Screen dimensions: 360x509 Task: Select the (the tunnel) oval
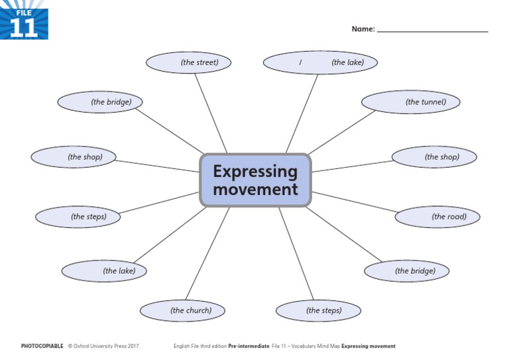pos(411,102)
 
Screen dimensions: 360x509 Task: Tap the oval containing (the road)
pos(437,217)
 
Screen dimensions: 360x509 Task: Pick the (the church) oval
pos(182,310)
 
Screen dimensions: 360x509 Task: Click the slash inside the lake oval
pos(300,63)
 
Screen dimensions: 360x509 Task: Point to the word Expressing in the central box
pos(255,172)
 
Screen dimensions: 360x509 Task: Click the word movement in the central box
pos(255,190)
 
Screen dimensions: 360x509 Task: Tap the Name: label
pos(363,29)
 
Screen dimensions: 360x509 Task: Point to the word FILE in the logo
pos(24,11)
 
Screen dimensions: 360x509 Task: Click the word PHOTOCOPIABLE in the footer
pos(42,346)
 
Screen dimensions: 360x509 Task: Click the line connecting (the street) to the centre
pos(211,113)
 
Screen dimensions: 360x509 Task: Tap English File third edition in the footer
pos(199,346)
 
